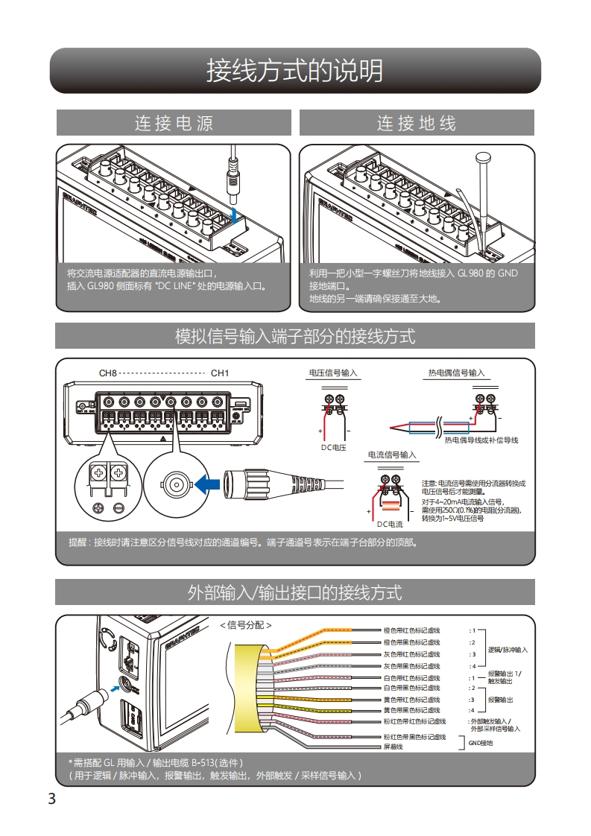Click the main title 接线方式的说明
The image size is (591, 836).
(x=295, y=71)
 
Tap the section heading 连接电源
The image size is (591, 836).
(x=174, y=123)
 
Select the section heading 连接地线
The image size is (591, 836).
(x=416, y=123)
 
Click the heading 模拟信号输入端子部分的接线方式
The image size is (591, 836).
(x=295, y=336)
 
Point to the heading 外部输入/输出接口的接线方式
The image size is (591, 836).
(x=295, y=592)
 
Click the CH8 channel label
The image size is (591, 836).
(x=108, y=373)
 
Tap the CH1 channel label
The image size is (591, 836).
(x=220, y=373)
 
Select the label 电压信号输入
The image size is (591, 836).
(x=333, y=373)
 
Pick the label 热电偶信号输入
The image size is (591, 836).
(x=456, y=373)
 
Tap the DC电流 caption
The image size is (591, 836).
(x=390, y=525)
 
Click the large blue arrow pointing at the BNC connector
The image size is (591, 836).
(x=209, y=484)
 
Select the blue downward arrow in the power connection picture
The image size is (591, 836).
(x=236, y=215)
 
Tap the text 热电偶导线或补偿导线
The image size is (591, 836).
(x=481, y=440)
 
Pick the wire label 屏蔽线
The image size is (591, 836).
(x=393, y=747)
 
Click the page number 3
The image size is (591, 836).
(x=51, y=799)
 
